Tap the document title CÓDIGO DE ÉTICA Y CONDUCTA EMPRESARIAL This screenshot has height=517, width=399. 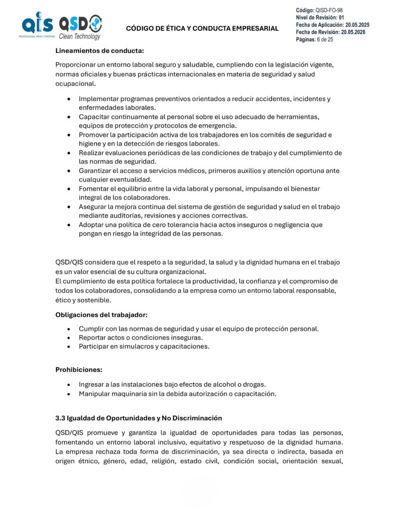202,28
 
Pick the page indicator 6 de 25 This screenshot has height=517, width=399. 324,39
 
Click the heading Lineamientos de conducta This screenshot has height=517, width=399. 99,50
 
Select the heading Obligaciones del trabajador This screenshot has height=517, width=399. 101,315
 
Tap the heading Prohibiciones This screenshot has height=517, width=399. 79,370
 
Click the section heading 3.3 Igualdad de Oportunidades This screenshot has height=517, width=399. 139,418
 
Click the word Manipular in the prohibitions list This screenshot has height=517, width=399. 95,394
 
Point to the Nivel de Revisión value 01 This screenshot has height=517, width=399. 341,17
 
